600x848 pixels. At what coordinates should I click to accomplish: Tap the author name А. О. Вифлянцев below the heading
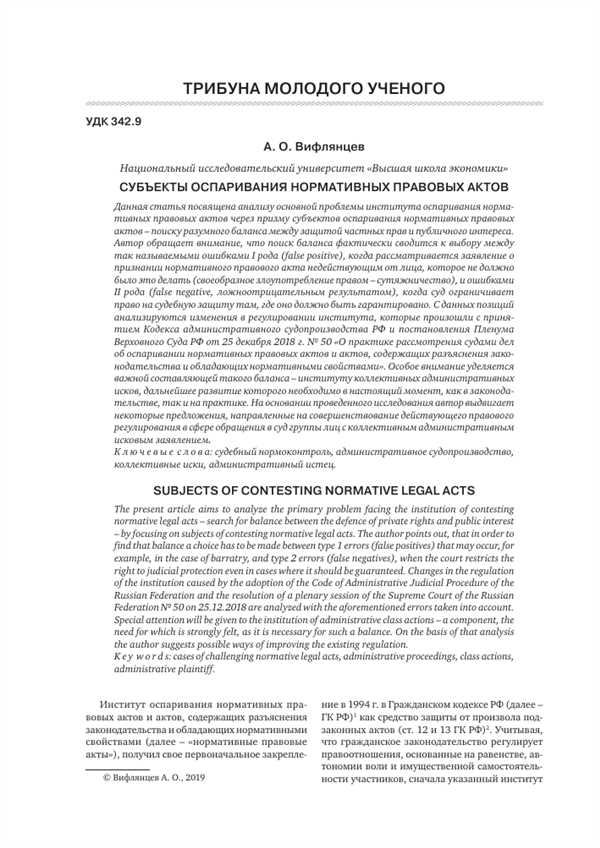299,146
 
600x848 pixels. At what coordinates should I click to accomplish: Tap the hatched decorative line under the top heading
299,104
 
